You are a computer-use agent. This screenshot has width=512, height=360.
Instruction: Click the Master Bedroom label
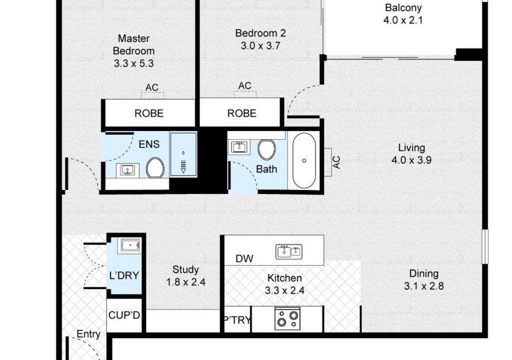click(x=133, y=44)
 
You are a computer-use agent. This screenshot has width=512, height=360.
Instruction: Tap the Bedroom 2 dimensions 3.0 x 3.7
click(x=261, y=46)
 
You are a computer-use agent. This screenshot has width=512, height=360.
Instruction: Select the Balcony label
click(x=403, y=7)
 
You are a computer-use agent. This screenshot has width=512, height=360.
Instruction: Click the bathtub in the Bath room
click(x=304, y=160)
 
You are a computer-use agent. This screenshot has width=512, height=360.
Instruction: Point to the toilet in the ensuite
click(x=155, y=167)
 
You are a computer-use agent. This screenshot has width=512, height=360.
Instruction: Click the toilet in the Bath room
click(x=266, y=150)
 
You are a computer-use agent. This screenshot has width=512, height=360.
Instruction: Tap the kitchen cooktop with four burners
click(x=287, y=318)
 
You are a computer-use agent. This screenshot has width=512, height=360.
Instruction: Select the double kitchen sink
click(x=289, y=252)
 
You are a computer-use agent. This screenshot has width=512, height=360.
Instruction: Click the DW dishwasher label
click(x=244, y=258)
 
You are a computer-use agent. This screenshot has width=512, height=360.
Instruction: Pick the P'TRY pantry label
click(x=237, y=320)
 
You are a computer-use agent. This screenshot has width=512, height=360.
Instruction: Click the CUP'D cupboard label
click(x=124, y=315)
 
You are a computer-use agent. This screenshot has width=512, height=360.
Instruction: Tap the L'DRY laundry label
click(x=124, y=275)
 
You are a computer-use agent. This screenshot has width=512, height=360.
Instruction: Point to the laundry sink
click(x=131, y=245)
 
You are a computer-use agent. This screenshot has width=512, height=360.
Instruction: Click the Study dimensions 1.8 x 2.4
click(x=186, y=282)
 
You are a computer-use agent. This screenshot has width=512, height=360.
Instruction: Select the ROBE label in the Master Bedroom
click(x=149, y=113)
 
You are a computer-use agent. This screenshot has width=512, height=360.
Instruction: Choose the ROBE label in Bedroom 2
click(x=242, y=113)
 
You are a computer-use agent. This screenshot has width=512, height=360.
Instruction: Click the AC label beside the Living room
click(x=336, y=162)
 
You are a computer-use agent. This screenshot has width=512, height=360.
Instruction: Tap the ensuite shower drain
click(x=183, y=152)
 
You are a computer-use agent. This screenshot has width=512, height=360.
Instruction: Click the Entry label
click(x=88, y=334)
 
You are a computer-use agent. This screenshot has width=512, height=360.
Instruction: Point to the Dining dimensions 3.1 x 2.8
click(x=424, y=286)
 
